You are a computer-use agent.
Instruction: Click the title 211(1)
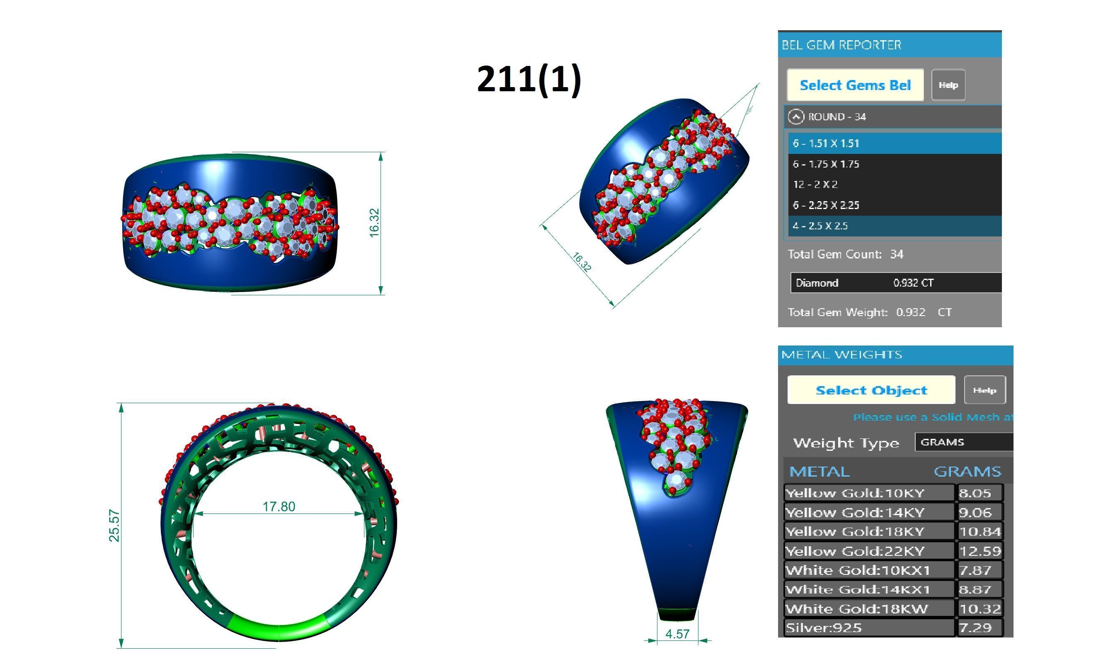529,78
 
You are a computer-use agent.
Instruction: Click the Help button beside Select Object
984,390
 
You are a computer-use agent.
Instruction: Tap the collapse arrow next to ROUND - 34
795,117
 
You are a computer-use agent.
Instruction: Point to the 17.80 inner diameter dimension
279,506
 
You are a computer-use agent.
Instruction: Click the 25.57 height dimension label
114,526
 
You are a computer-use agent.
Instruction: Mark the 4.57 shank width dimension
677,634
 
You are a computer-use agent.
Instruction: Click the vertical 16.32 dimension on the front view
374,223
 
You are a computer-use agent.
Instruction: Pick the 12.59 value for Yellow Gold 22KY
980,551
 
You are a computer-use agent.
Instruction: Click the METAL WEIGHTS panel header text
841,355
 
